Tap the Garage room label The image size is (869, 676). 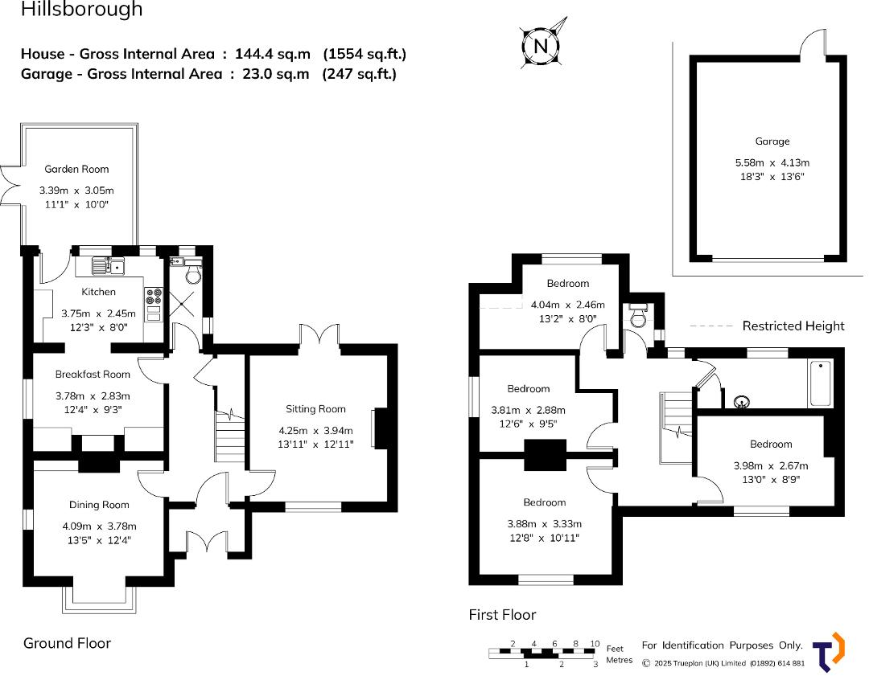pos(772,141)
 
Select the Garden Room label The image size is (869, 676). pos(76,170)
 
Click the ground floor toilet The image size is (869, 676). pos(193,277)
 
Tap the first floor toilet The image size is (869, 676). pos(639,318)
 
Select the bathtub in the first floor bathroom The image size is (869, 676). pos(820,383)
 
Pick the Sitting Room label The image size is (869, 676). pos(315,409)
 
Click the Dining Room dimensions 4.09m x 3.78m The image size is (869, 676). pos(100,526)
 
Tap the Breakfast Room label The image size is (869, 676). pos(93,375)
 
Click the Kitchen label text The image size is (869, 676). pos(98,293)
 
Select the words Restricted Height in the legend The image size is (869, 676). pos(793,326)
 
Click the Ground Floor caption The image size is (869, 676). pos(67,643)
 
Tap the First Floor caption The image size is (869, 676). pos(502,615)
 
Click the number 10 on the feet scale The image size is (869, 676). pos(595,644)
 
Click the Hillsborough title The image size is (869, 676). pos(81,10)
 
